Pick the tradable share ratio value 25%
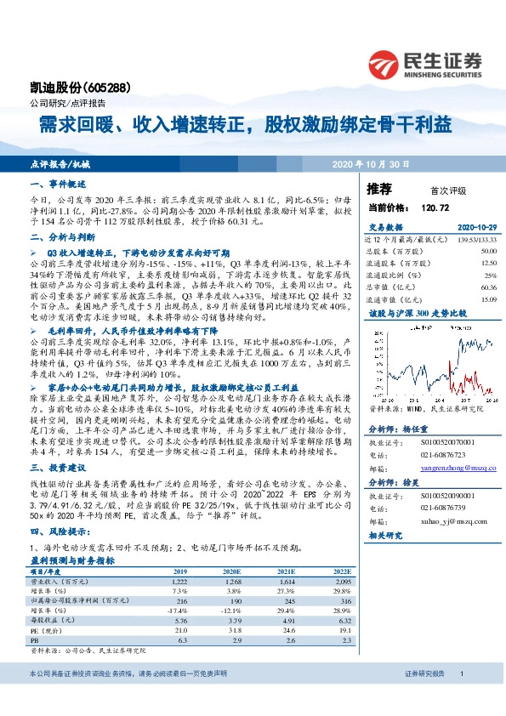click(490, 276)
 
